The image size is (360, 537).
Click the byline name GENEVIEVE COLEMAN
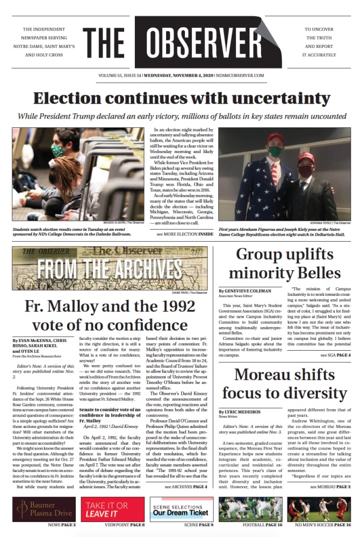pyautogui.click(x=248, y=291)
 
